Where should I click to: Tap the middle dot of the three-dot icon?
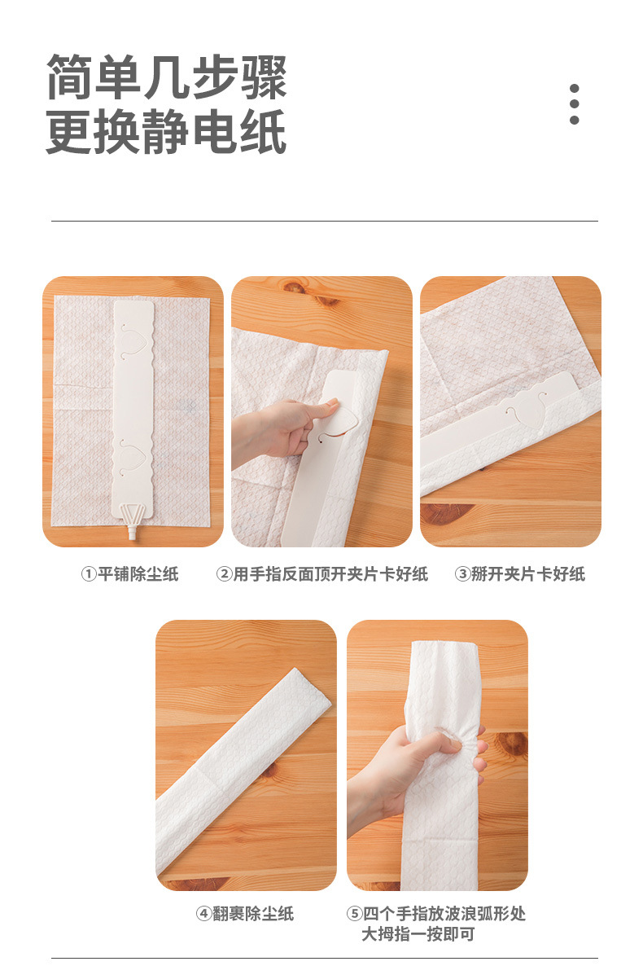[575, 104]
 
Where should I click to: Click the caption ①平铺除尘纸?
[129, 574]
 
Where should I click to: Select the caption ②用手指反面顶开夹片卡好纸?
[321, 574]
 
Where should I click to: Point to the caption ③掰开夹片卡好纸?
[520, 574]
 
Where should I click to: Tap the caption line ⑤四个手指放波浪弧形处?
[436, 914]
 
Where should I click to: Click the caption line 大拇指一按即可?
[418, 934]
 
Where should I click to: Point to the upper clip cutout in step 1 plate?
[133, 340]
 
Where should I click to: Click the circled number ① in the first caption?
[88, 574]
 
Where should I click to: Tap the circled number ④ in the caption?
[203, 914]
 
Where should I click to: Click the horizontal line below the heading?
[324, 221]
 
